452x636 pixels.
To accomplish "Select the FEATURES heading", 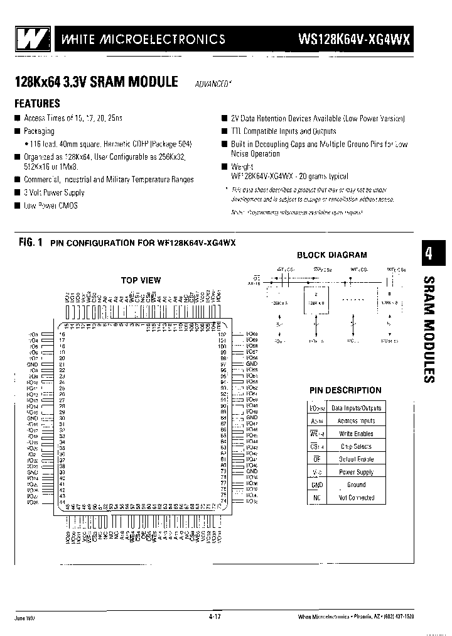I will [37, 104].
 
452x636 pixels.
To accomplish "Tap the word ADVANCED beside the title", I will [210, 83].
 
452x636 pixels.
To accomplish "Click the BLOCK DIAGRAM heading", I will [331, 255].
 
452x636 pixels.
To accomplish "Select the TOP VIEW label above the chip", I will [141, 280].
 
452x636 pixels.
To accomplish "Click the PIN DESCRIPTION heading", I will [345, 390].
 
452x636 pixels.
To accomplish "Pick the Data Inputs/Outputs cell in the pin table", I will [356, 408].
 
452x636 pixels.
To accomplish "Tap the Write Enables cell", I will [356, 434].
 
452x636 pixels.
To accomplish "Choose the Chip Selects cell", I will [356, 446].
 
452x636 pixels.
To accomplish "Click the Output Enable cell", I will [356, 459].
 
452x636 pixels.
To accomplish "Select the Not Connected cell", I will [356, 498].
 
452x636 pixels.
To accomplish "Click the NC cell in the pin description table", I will [316, 498].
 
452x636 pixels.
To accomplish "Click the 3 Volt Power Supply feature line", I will [54, 193].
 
